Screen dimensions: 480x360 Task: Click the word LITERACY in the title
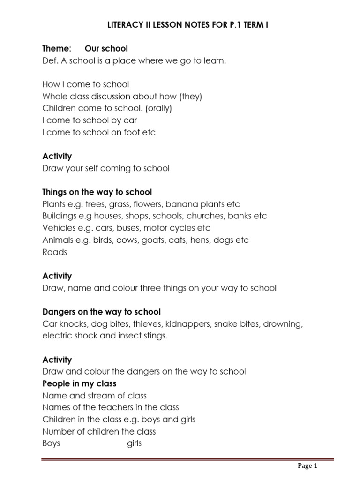[122, 25]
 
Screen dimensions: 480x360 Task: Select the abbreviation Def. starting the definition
[50, 60]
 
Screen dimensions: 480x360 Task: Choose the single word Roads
[55, 252]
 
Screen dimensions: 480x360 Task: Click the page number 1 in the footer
[316, 465]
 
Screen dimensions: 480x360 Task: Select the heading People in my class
[79, 384]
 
